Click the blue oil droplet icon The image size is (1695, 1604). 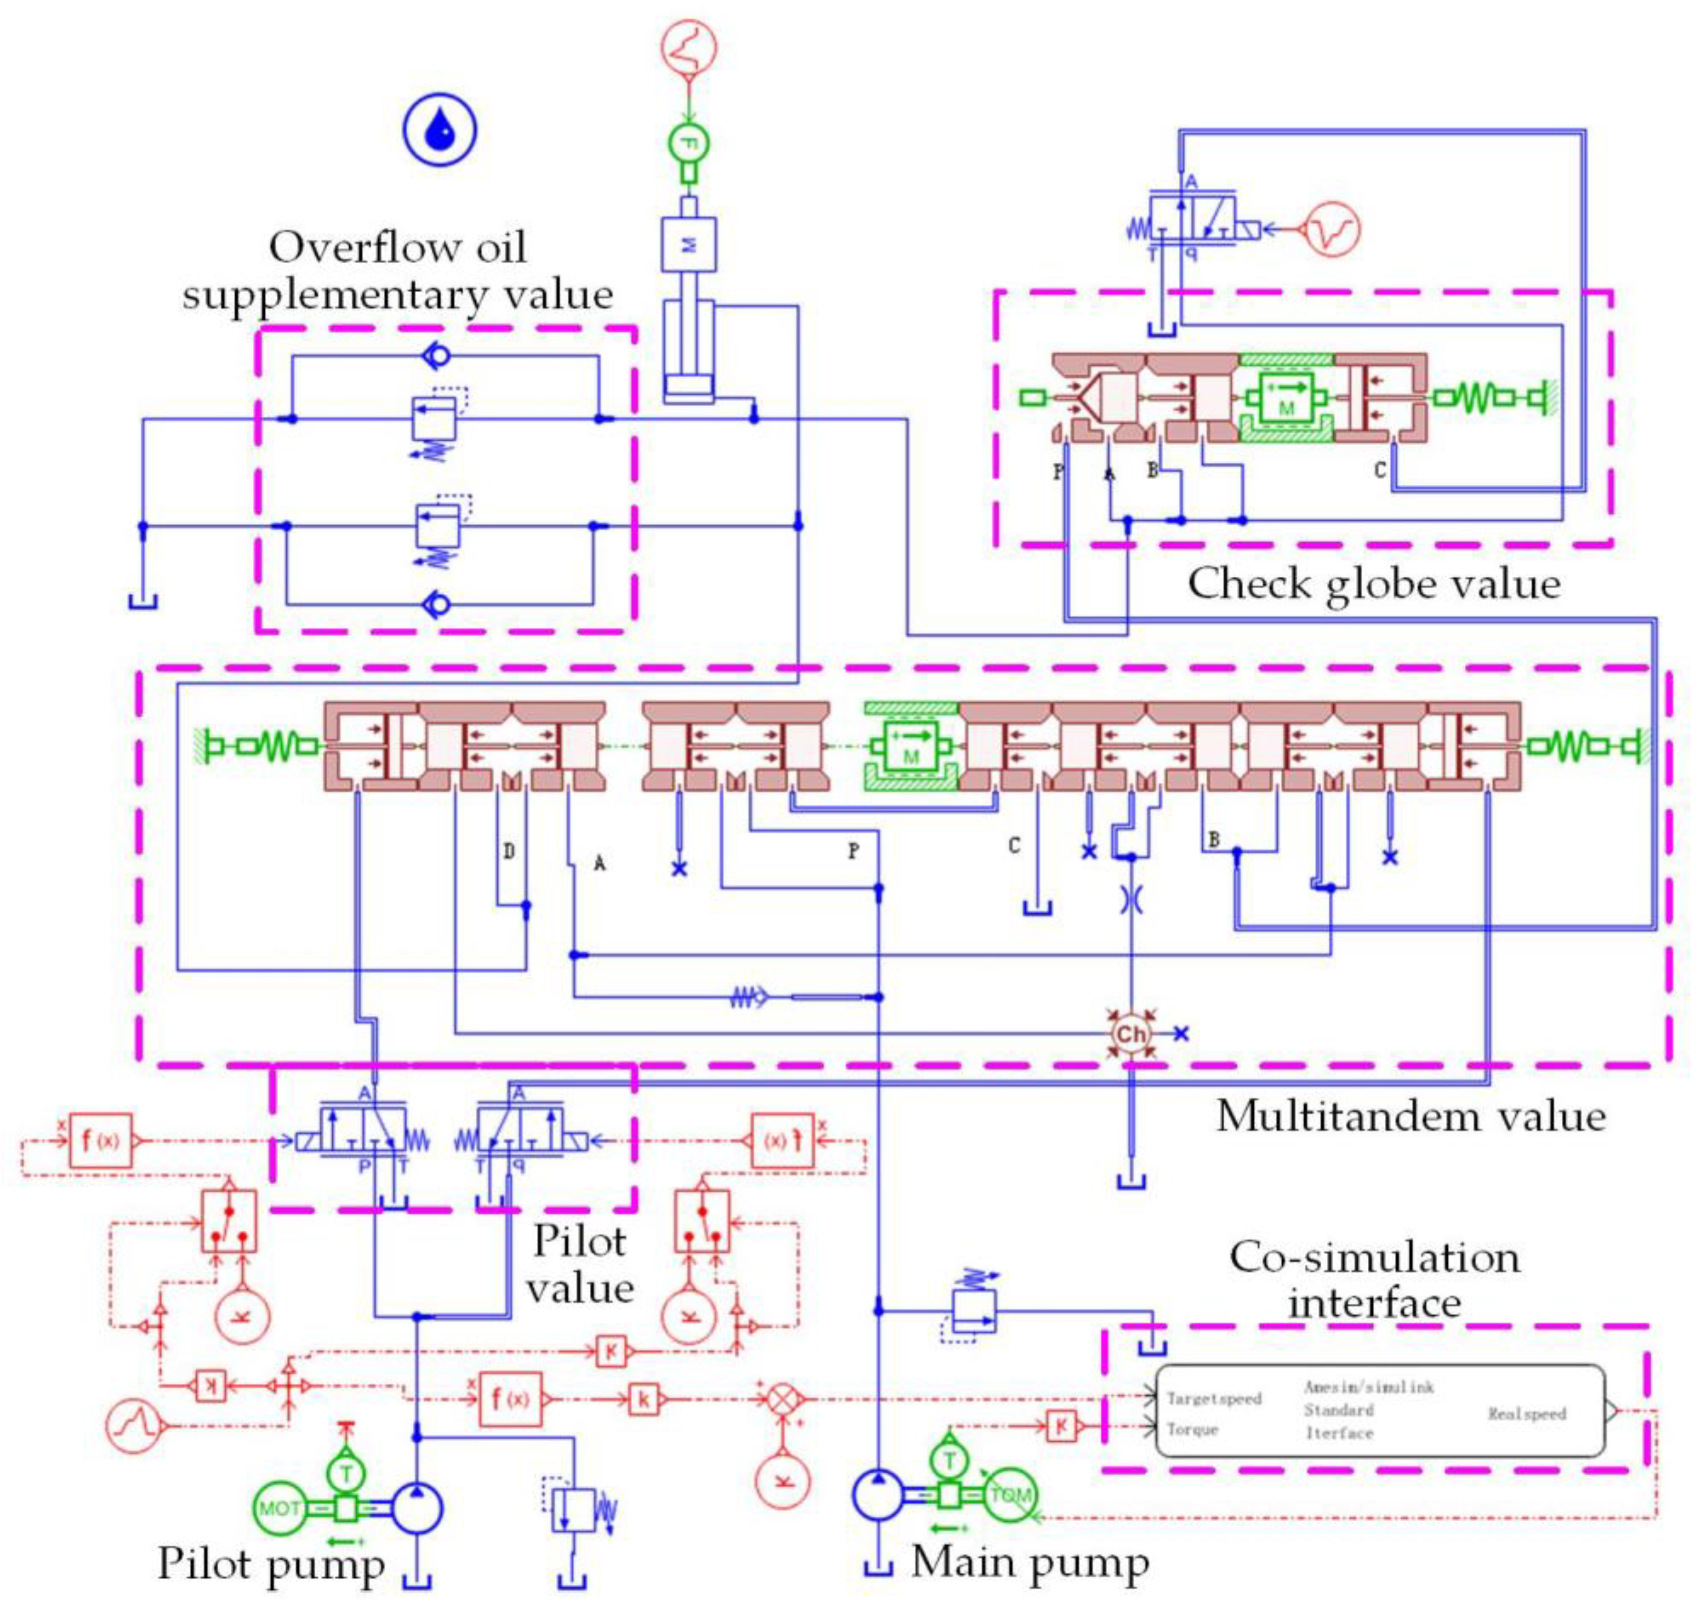pyautogui.click(x=439, y=131)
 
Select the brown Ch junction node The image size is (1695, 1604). pyautogui.click(x=1131, y=1034)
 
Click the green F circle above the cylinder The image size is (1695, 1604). pyautogui.click(x=689, y=143)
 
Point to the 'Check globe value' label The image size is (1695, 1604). pyautogui.click(x=1373, y=585)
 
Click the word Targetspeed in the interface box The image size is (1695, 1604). pyautogui.click(x=1214, y=1399)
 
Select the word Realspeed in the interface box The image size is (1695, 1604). pyautogui.click(x=1527, y=1413)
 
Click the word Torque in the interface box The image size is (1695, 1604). pyautogui.click(x=1193, y=1429)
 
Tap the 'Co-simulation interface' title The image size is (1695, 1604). pyautogui.click(x=1375, y=1280)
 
